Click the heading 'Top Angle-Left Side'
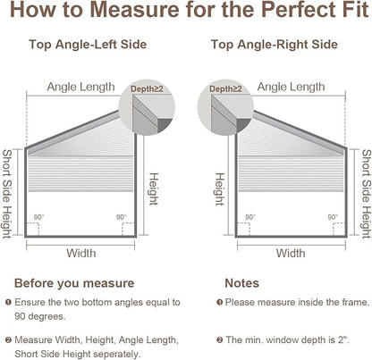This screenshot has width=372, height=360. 88,45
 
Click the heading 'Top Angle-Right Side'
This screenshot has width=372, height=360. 275,45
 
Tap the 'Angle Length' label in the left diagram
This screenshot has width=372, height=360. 80,87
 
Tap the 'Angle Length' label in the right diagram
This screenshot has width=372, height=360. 291,87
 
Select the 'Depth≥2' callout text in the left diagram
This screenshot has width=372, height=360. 147,88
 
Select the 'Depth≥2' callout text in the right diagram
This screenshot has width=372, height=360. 225,88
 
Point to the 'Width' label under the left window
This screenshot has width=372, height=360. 81,254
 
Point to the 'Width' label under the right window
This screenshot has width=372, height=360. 291,254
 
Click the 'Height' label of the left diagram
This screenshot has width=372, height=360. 153,189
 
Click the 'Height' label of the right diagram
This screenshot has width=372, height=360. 219,189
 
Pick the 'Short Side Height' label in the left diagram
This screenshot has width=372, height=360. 7,194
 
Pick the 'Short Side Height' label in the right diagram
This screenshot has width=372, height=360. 367,194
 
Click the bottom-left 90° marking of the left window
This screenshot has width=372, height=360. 38,217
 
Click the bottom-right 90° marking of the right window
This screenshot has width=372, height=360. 333,217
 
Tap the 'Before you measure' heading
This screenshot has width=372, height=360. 74,283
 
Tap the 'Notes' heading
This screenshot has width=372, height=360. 241,283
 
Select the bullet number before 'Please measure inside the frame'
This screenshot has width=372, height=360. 220,303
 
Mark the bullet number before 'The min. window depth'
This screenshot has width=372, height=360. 220,339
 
